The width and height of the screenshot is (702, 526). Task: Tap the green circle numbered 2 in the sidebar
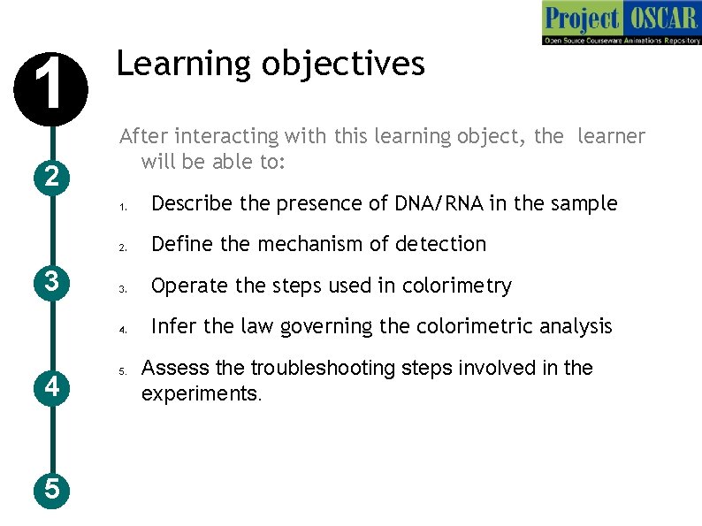(x=51, y=177)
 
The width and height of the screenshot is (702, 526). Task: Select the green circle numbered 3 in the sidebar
(x=51, y=282)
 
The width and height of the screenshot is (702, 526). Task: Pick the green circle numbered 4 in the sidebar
(x=51, y=386)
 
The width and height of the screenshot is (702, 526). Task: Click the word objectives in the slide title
(x=355, y=64)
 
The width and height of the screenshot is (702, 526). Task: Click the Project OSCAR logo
(x=621, y=24)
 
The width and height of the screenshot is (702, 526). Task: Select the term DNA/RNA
(x=438, y=203)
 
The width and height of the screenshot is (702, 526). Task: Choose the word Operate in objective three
(x=187, y=286)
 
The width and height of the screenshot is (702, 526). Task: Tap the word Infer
(x=173, y=326)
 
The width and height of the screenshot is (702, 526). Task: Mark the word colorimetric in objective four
(x=465, y=326)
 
